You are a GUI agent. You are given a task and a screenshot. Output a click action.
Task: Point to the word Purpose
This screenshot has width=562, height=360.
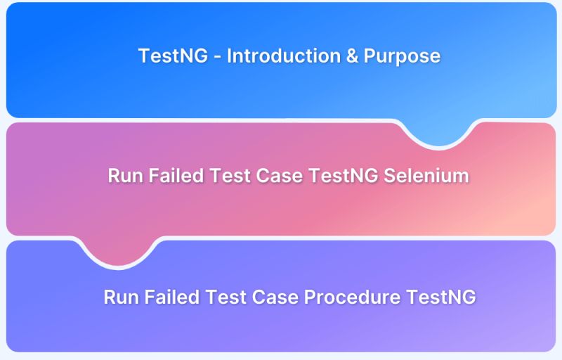pyautogui.click(x=402, y=56)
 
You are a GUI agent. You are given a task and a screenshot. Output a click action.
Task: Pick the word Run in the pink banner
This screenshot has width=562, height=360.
pyautogui.click(x=124, y=176)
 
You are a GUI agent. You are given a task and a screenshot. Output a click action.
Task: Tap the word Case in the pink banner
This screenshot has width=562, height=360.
pyautogui.click(x=280, y=176)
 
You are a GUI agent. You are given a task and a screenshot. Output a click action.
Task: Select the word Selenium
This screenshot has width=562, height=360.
pyautogui.click(x=426, y=176)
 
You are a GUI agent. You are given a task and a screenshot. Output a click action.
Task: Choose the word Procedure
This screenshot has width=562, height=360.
pyautogui.click(x=353, y=297)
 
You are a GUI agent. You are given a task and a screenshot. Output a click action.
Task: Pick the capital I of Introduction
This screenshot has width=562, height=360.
pyautogui.click(x=229, y=56)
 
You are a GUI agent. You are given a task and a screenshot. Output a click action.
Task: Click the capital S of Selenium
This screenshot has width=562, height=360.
pyautogui.click(x=389, y=176)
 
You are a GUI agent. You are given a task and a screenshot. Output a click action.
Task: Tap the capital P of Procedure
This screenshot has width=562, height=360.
pyautogui.click(x=309, y=297)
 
